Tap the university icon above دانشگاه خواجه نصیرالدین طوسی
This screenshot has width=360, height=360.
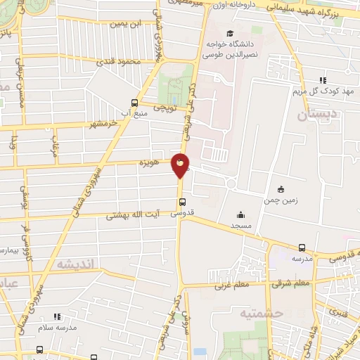(230, 33)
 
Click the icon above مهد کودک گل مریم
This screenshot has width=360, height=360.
(323, 80)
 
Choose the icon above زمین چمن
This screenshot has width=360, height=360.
(281, 188)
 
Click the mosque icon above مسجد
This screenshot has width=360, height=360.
(241, 215)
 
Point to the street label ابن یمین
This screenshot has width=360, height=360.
(130, 23)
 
